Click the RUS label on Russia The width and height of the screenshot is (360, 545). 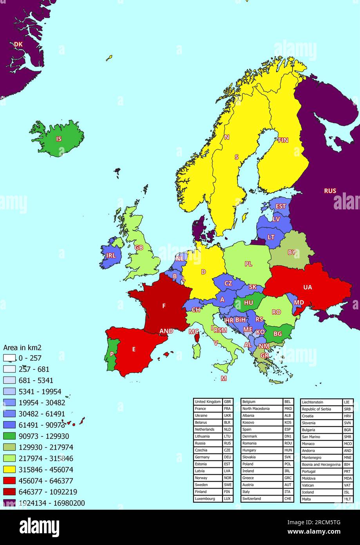coord(330,191)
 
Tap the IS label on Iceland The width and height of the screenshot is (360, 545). coord(59,139)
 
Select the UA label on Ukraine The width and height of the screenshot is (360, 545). coord(308,287)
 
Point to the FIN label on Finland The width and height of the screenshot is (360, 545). coord(283,140)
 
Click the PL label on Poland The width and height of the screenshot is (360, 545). coord(248,264)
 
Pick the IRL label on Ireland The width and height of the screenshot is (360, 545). coord(111,256)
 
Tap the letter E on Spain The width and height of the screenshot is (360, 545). coord(134,349)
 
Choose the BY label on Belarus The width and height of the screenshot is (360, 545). coord(291,253)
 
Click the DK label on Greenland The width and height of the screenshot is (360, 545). coord(18,45)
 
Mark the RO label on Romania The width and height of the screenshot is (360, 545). coord(276,312)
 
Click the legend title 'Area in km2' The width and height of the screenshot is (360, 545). coord(22,347)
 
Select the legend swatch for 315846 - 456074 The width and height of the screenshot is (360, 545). coord(9,469)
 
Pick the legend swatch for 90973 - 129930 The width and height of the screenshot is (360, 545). coord(9,436)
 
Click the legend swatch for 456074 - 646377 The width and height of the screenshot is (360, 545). coord(9,481)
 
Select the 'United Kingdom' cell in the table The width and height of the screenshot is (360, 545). coord(208,402)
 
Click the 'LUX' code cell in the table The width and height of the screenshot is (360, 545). coord(227,499)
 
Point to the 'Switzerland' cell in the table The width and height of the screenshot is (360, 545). coord(261,499)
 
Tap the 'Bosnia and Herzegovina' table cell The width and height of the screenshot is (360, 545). coord(320,465)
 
